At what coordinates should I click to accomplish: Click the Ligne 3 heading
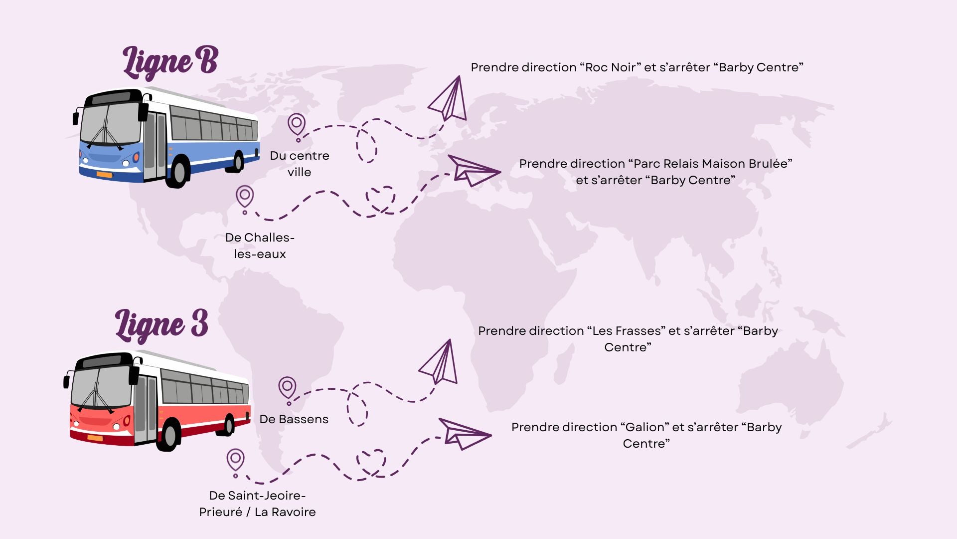[161, 325]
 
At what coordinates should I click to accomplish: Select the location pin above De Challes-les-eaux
[245, 196]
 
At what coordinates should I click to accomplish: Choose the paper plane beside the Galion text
[463, 433]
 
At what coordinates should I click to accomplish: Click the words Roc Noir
[610, 67]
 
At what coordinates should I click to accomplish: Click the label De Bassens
[294, 419]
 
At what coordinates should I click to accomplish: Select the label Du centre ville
[300, 164]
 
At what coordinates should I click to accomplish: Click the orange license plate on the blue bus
[104, 175]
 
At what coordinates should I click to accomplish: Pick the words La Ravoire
[285, 512]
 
